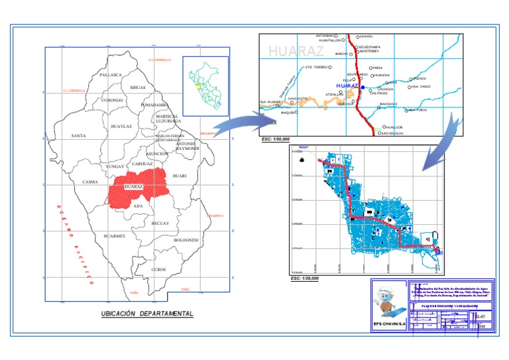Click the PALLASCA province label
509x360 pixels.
[x=111, y=76]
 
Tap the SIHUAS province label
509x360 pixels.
[x=138, y=88]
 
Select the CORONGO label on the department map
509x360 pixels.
[x=112, y=100]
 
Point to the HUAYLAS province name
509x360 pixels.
[x=121, y=126]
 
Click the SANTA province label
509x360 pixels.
[x=78, y=136]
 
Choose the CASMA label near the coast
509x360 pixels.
[x=90, y=182]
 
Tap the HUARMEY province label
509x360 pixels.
[x=115, y=236]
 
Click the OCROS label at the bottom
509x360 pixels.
[x=158, y=270]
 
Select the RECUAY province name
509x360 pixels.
[x=160, y=223]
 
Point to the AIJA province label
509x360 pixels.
[x=138, y=206]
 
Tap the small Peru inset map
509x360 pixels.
[x=205, y=86]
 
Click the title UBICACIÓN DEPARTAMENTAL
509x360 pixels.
[x=147, y=314]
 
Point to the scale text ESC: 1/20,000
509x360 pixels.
[x=306, y=278]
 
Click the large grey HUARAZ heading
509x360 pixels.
[x=296, y=51]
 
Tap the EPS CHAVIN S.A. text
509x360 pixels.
[x=389, y=324]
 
